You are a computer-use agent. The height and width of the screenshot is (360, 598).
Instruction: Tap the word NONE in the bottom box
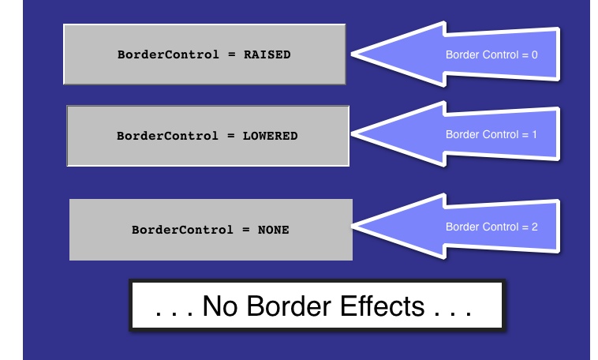[x=273, y=231]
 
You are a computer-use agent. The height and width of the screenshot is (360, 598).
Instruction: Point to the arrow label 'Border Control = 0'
[x=491, y=55]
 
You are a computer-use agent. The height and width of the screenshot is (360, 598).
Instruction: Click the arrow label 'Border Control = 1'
[x=491, y=134]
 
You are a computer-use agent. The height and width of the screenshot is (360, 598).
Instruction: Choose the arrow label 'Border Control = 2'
[x=491, y=227]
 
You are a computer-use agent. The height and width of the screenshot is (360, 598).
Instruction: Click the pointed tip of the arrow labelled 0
[x=352, y=55]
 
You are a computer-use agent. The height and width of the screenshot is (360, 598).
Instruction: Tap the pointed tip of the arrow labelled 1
[x=354, y=135]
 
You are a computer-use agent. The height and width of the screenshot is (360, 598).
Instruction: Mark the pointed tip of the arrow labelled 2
[x=356, y=227]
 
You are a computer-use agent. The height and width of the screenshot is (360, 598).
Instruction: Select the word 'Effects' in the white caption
[x=381, y=306]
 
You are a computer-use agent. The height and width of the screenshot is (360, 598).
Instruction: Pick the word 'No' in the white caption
[x=221, y=306]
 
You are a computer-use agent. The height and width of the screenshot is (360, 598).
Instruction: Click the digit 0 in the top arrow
[x=534, y=55]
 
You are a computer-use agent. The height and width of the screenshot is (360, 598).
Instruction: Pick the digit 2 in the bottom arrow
[x=534, y=227]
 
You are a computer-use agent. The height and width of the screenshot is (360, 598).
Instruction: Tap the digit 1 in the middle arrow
[x=534, y=134]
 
